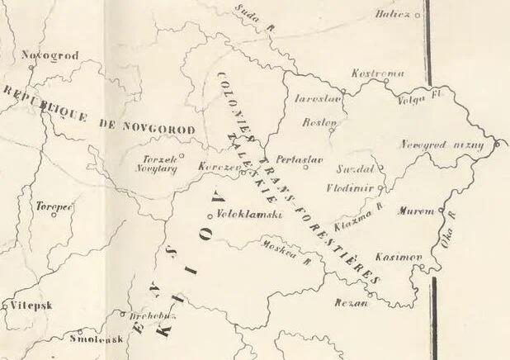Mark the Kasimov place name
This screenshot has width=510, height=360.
(x=404, y=257)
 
